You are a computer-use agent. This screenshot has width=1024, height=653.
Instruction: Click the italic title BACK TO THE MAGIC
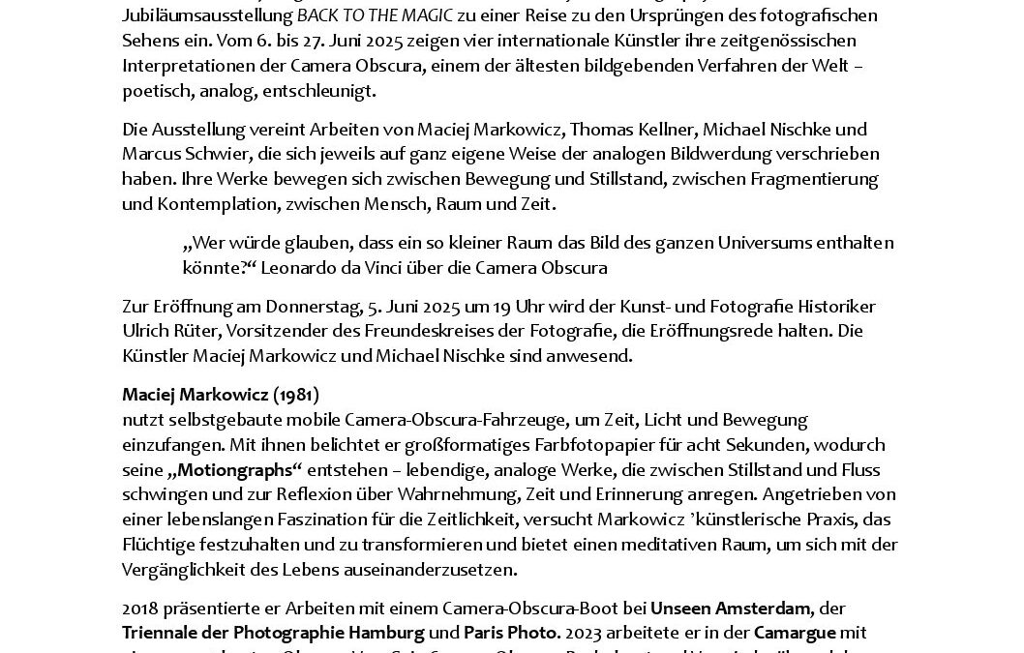point(376,16)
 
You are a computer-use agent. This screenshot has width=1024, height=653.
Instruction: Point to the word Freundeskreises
point(440,332)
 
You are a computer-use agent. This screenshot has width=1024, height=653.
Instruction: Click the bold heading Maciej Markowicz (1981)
point(221,395)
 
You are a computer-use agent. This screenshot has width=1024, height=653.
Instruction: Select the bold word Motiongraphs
point(236,470)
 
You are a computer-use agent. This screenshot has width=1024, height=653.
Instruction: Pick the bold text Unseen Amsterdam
point(731,608)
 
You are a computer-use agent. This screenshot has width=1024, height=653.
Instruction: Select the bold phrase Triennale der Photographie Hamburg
point(273,633)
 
